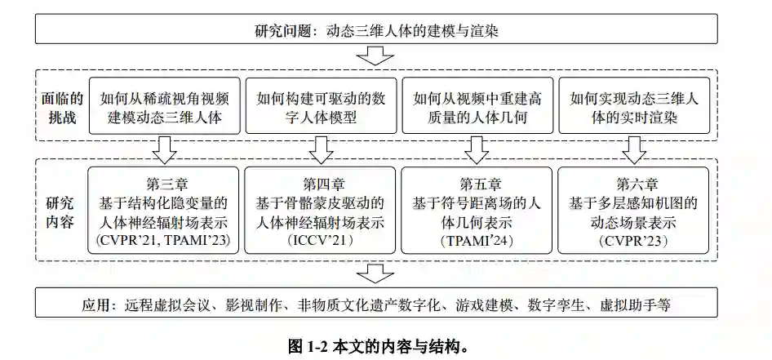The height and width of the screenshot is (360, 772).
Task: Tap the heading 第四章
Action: click(321, 184)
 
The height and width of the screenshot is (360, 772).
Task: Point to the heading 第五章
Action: click(477, 184)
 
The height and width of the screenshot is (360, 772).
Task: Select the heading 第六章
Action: click(634, 184)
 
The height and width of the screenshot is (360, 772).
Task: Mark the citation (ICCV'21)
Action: click(321, 240)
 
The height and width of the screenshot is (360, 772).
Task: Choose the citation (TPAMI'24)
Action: click(477, 240)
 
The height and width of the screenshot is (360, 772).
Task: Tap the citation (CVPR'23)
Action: click(634, 240)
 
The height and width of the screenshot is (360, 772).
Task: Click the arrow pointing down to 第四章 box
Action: click(321, 149)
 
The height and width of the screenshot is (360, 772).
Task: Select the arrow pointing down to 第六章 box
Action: click(634, 149)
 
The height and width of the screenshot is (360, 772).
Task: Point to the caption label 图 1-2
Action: click(315, 345)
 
